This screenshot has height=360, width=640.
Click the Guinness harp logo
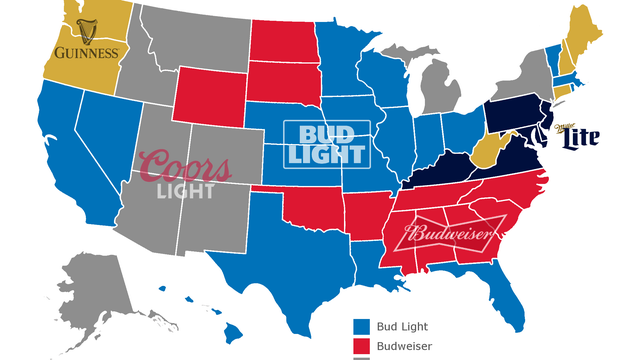click(x=83, y=27)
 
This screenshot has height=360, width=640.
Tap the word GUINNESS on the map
click(x=85, y=53)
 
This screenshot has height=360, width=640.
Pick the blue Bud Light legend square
click(x=361, y=326)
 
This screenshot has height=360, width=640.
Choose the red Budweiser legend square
click(x=361, y=345)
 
